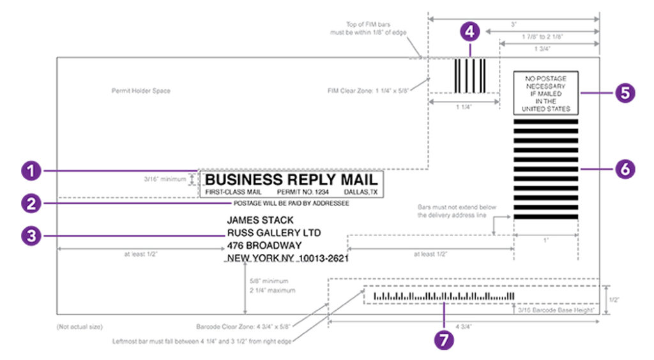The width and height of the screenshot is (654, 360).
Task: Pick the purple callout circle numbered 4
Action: click(x=470, y=31)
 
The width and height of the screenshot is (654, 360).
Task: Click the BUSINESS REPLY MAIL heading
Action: click(x=291, y=179)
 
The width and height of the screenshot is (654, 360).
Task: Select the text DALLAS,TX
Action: click(x=361, y=192)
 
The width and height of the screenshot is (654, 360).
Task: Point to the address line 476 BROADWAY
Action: click(x=264, y=246)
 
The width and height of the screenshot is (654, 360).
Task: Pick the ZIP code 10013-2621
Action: click(x=329, y=259)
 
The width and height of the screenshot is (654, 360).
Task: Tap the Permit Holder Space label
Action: click(x=141, y=91)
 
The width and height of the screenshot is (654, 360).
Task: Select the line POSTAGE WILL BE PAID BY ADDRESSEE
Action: click(x=291, y=204)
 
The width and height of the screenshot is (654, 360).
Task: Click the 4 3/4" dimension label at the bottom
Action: click(x=463, y=327)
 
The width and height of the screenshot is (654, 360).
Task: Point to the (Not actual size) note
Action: click(x=79, y=327)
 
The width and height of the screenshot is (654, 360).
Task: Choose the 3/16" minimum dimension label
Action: click(x=165, y=179)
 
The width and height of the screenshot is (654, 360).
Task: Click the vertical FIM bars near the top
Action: click(x=470, y=76)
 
